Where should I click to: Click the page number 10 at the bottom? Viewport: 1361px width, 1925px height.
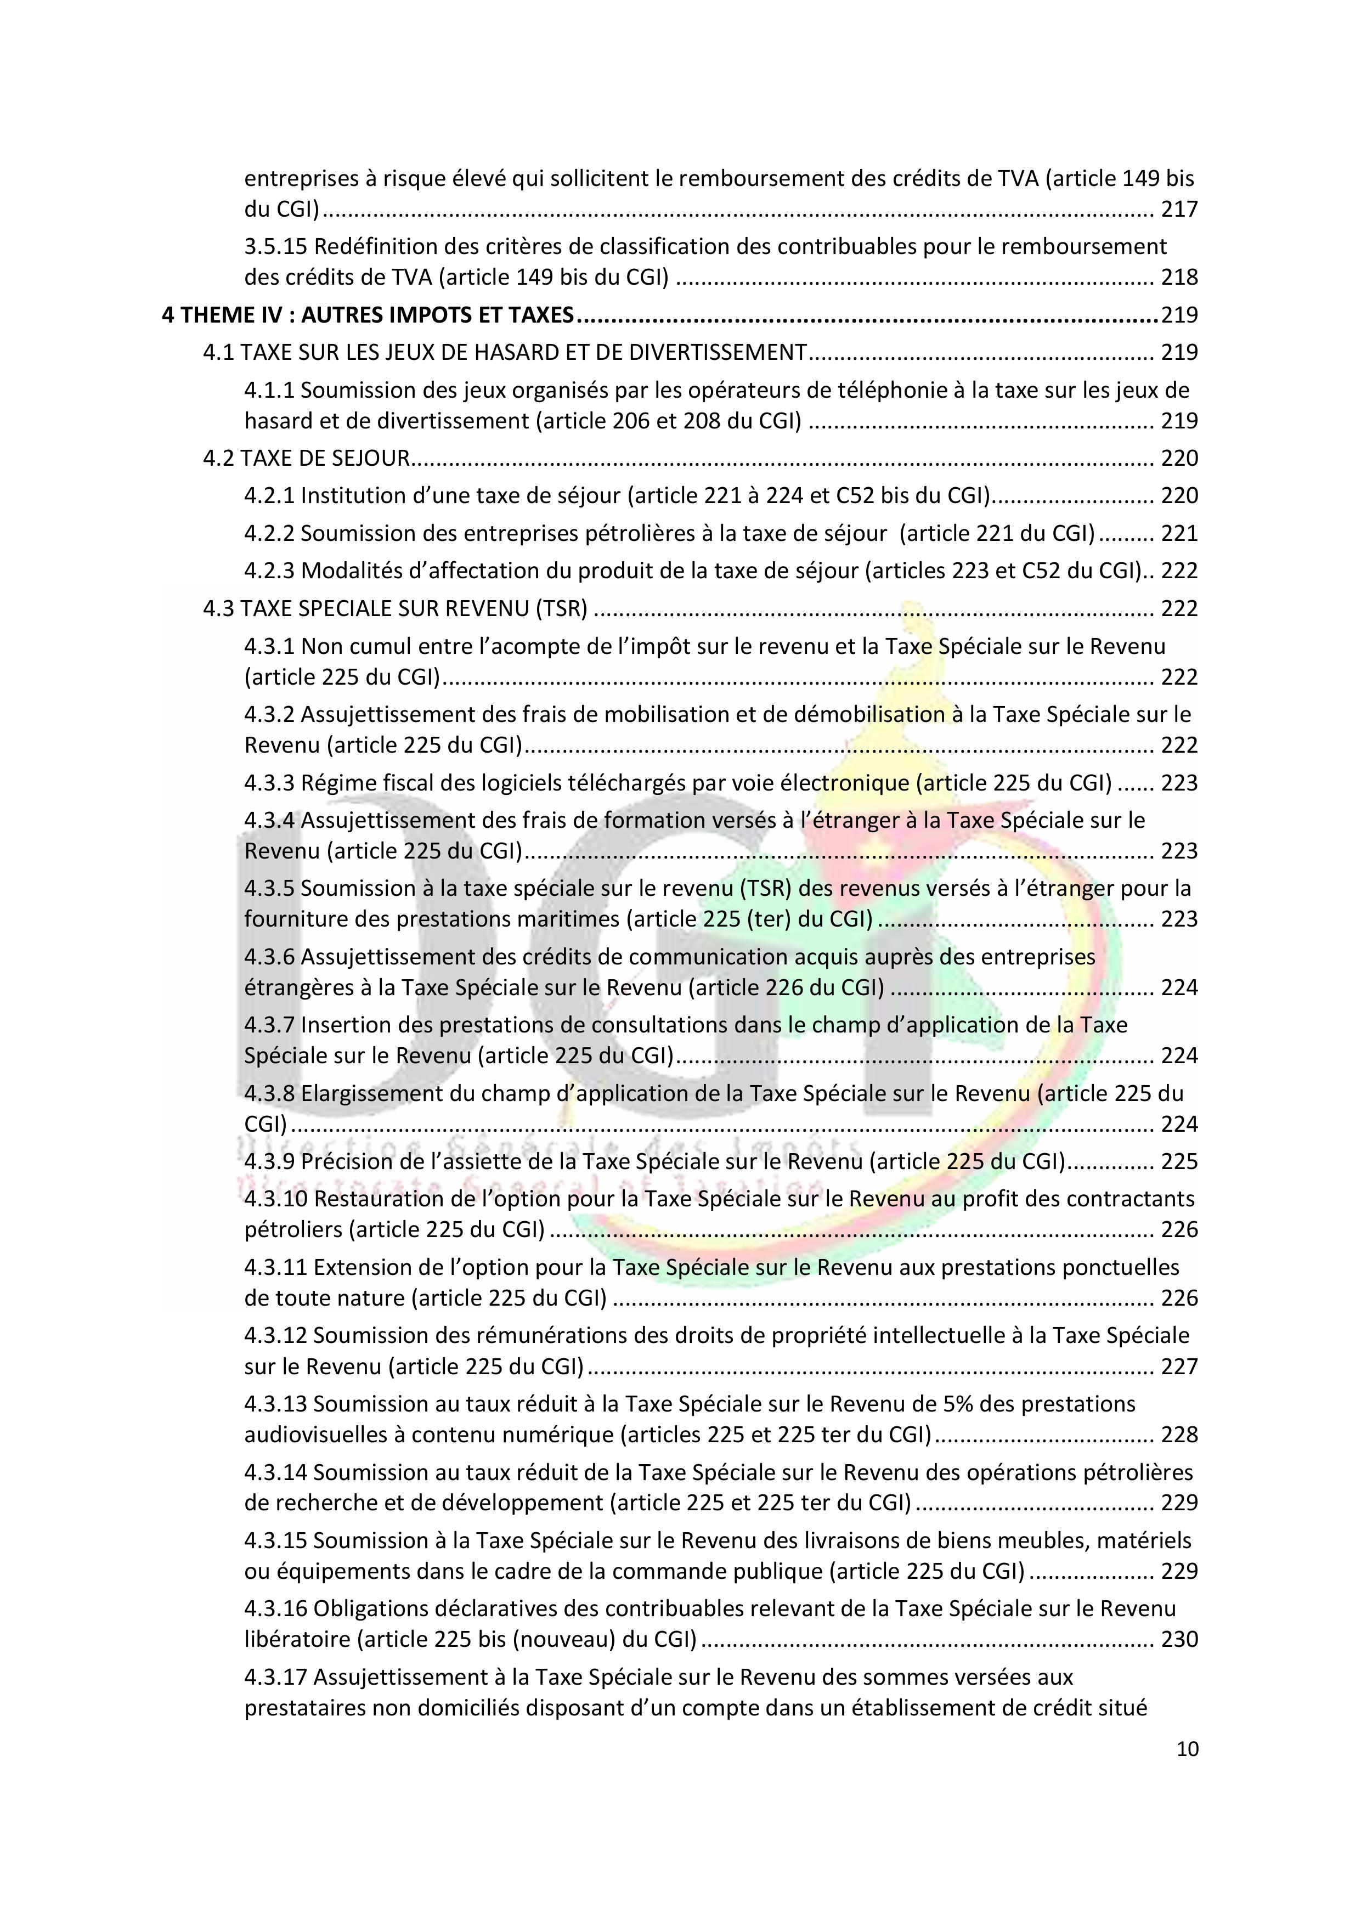pos(1188,1749)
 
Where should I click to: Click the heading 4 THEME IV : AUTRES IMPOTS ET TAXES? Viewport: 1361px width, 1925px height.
pos(368,315)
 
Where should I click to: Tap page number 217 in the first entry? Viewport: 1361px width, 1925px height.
pos(1179,209)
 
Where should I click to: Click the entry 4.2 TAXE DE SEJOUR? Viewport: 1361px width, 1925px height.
pos(306,458)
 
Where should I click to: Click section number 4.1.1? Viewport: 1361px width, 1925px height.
pos(269,390)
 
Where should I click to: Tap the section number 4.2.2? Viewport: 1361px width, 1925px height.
pos(269,533)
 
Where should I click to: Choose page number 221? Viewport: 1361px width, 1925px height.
pos(1179,533)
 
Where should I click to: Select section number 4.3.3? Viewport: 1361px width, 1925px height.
pos(269,782)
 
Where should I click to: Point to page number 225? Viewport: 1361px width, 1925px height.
pos(1179,1161)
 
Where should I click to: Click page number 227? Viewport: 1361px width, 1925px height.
pos(1179,1367)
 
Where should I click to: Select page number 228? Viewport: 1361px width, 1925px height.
pos(1179,1435)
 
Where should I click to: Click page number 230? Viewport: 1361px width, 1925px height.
pos(1179,1639)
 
